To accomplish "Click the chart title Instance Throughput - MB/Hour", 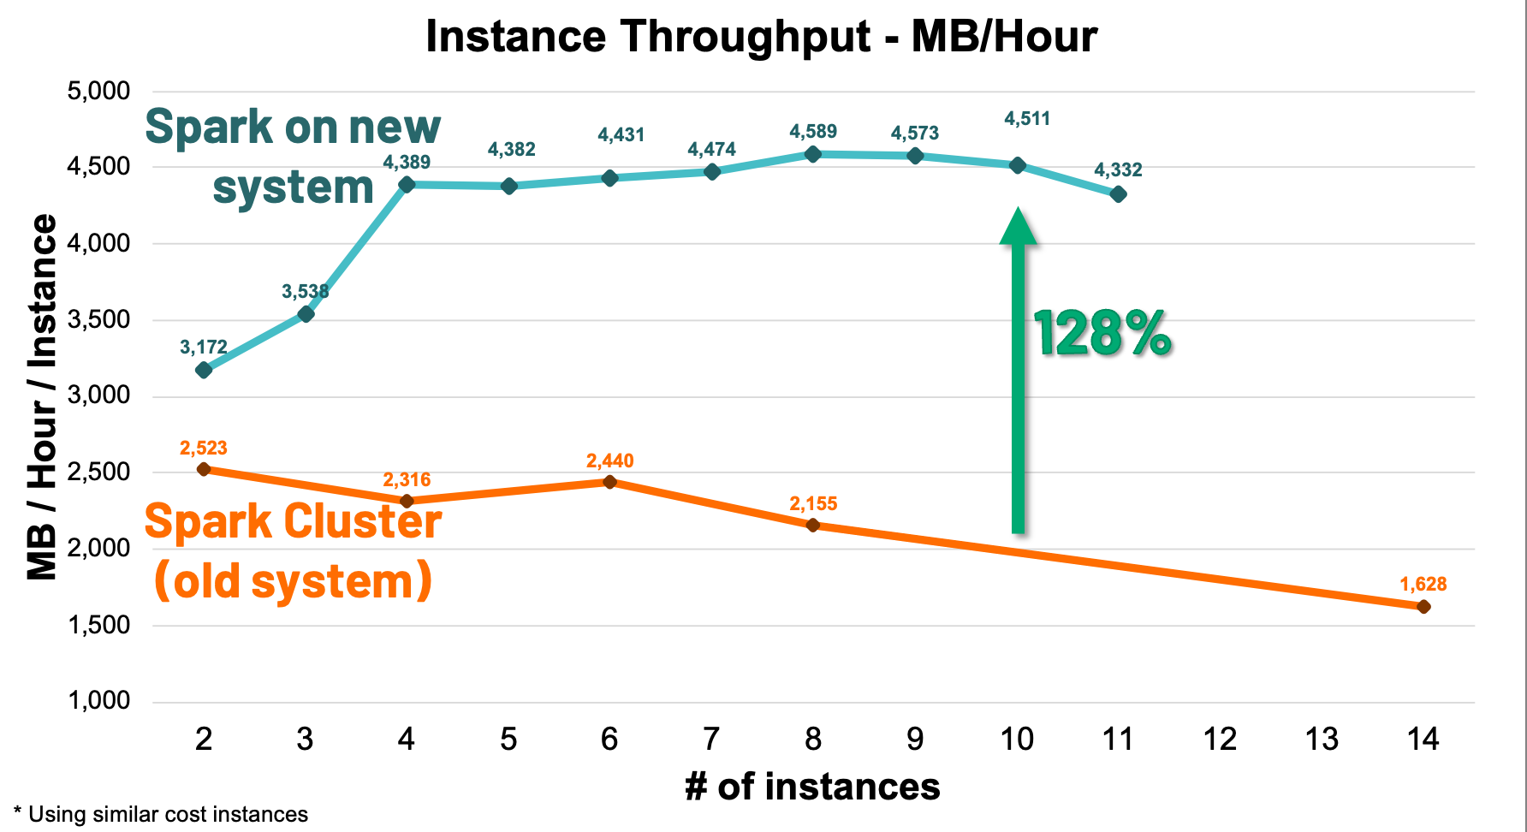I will [x=761, y=37].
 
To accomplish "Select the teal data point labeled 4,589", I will [x=813, y=154].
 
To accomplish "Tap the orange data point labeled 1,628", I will [x=1423, y=607].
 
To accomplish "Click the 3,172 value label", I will [x=204, y=347].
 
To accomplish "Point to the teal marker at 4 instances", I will [x=407, y=184].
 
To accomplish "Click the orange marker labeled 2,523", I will [x=204, y=469].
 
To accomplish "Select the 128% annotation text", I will [x=1102, y=333].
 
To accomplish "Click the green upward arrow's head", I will [x=1018, y=227].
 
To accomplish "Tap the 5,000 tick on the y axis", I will [x=98, y=91].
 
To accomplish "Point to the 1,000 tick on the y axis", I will [x=98, y=701].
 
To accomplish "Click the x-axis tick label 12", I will [x=1220, y=739].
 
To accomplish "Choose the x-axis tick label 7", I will [x=711, y=739].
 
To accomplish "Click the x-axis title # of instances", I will [x=812, y=787].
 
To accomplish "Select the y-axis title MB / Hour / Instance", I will [x=41, y=396].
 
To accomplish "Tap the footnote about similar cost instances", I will [x=161, y=814].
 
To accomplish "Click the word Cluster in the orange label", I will [x=363, y=521].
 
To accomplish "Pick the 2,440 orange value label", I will [x=609, y=461].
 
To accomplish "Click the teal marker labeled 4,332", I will [x=1118, y=194].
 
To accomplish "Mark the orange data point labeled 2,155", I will [x=813, y=525].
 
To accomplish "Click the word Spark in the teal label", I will [x=209, y=127].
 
